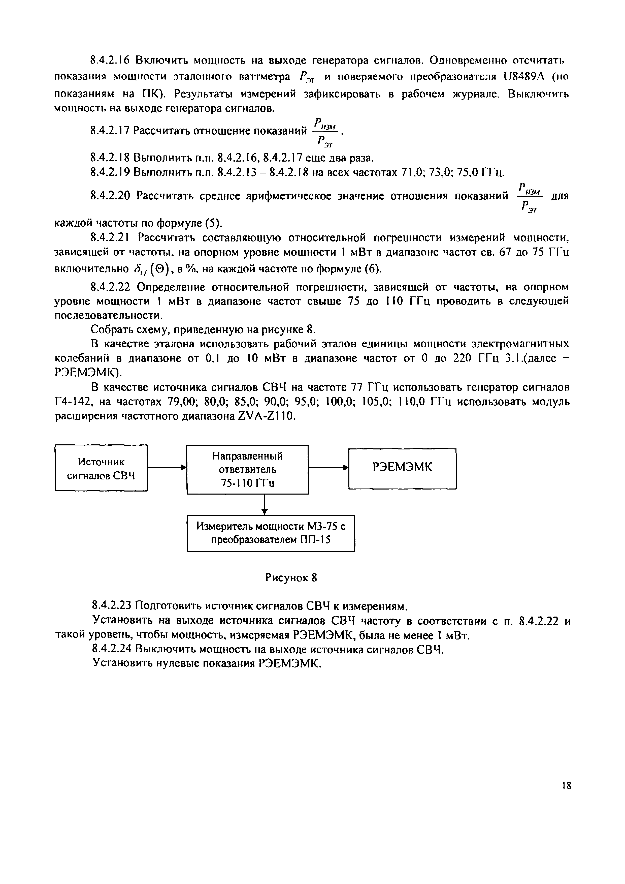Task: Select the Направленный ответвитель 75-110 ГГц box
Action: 247,469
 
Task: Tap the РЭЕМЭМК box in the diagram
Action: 402,468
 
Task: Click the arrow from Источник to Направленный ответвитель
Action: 167,467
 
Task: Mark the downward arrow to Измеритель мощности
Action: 264,504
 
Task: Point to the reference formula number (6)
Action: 372,268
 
